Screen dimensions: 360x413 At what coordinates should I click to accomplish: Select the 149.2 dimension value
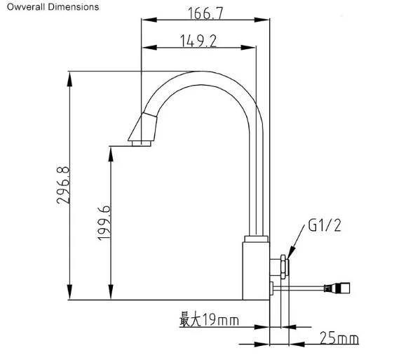(198, 41)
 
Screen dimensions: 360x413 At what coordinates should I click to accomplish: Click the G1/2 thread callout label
(325, 226)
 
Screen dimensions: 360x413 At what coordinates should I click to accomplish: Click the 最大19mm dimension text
(208, 321)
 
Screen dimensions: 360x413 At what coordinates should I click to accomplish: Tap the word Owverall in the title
(25, 7)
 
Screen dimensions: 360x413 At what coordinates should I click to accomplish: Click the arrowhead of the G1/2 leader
(289, 251)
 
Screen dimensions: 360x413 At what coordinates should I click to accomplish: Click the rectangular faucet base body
(257, 270)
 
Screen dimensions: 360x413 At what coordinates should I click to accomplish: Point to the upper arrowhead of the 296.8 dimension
(70, 75)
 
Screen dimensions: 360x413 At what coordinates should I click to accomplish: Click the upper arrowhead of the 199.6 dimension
(110, 151)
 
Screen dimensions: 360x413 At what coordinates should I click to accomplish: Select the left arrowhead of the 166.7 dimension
(145, 20)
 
